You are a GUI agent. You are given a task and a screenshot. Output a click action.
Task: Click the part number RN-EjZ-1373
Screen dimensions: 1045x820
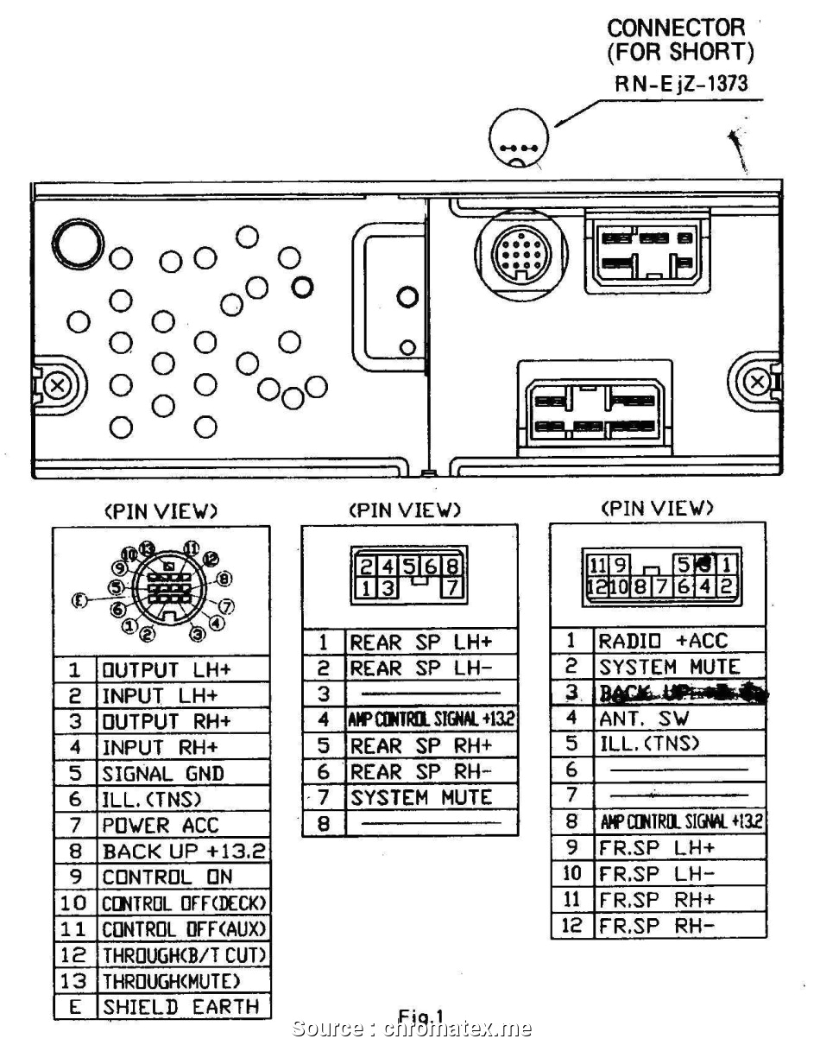click(680, 84)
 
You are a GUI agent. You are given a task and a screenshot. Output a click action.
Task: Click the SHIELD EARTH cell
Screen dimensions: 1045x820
click(180, 1007)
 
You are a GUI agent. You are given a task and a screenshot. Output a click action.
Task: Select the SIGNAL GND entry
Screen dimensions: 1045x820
click(163, 774)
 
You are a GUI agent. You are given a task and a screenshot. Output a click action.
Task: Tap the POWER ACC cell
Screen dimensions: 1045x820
click(161, 826)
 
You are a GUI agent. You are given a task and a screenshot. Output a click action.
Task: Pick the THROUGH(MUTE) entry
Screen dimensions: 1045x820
click(172, 981)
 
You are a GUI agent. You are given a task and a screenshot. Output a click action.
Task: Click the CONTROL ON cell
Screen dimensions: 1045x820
click(167, 877)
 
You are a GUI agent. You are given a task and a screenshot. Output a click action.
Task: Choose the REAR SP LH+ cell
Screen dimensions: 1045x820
click(420, 643)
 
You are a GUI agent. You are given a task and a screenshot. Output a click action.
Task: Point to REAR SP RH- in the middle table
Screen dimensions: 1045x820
click(420, 772)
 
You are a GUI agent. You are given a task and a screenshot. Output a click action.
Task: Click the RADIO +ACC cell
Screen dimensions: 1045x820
click(663, 641)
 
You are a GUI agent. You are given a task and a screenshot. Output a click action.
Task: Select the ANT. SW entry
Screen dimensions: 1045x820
click(644, 719)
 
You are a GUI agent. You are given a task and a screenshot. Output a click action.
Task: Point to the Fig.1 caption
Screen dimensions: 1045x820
click(420, 1016)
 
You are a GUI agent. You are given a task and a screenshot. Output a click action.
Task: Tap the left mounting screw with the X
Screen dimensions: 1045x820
click(58, 384)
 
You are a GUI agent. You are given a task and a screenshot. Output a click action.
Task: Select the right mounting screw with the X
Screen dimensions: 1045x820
click(759, 381)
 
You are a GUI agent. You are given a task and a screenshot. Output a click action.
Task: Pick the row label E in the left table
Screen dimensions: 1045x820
click(75, 1007)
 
